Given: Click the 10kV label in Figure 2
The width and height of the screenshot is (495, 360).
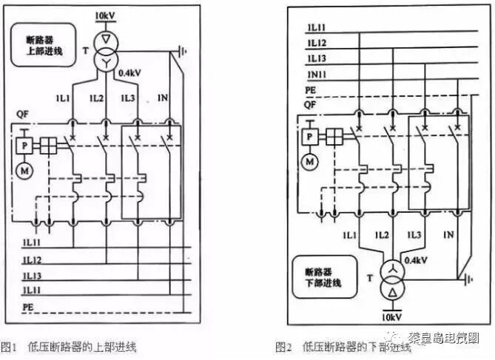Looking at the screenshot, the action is [x=391, y=316].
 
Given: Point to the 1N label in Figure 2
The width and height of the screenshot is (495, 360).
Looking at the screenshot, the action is [x=448, y=235].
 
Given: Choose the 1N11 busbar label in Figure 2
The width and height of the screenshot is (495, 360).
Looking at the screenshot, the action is [x=317, y=76].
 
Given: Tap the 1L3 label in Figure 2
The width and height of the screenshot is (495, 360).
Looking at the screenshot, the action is [x=416, y=235].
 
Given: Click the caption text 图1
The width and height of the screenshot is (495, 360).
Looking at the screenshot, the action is [x=9, y=346].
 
